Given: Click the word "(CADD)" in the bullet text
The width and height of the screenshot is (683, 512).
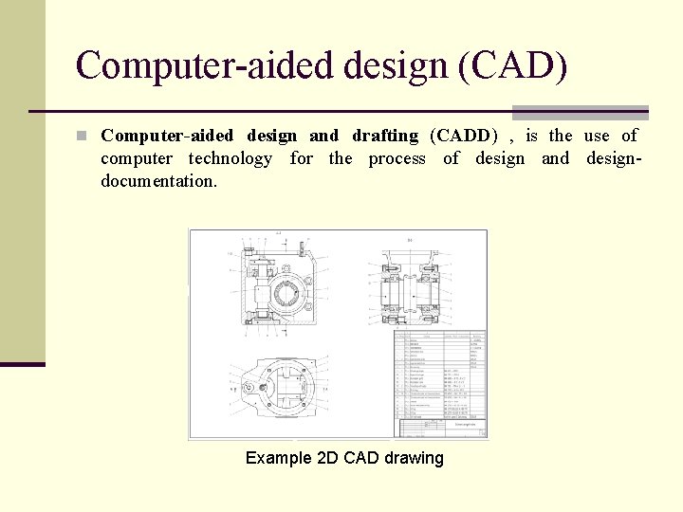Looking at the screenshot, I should [x=464, y=136].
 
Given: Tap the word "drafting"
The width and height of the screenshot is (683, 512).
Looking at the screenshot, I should [x=384, y=136].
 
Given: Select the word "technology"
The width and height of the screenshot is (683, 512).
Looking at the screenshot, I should [x=230, y=158].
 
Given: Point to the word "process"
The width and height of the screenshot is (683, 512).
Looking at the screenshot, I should [x=397, y=158].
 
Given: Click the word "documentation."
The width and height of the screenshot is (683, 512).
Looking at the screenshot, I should [x=158, y=181].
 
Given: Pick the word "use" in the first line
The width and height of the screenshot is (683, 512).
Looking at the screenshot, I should [x=597, y=136].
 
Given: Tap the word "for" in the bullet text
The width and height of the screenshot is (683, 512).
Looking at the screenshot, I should [x=301, y=158].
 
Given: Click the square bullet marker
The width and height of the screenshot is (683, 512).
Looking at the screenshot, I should [x=83, y=136].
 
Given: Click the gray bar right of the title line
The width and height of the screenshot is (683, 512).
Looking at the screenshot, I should [x=580, y=112].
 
